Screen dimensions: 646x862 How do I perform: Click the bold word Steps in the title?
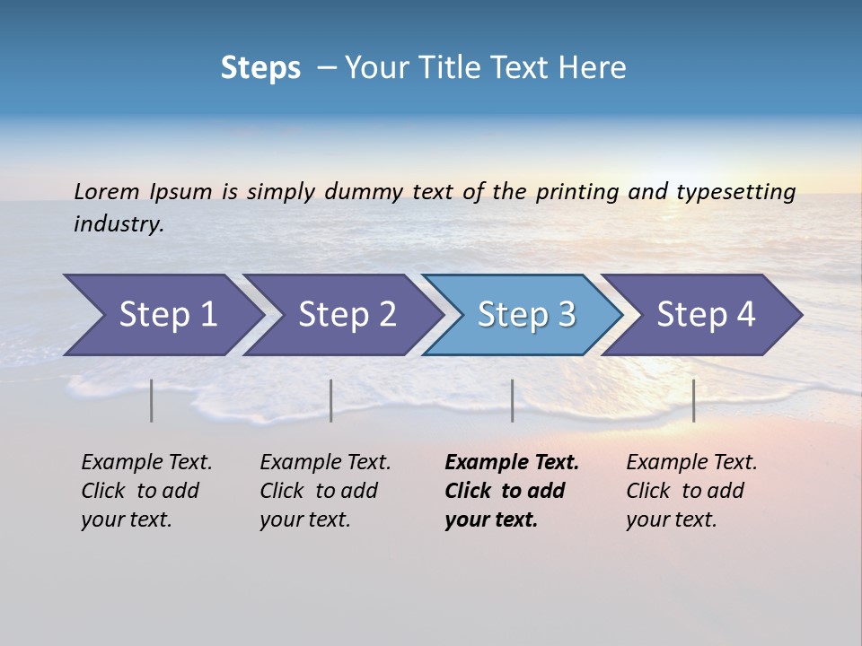point(260,68)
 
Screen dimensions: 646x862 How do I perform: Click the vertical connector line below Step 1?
point(152,400)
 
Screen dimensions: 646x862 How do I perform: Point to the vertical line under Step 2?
point(331,400)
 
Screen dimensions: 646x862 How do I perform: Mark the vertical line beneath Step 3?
point(512,400)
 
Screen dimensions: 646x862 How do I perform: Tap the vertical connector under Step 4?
point(694,400)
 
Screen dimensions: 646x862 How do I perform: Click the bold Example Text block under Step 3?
point(511,491)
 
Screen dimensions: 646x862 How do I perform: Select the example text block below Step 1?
point(146,491)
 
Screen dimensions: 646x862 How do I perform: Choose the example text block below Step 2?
point(325,491)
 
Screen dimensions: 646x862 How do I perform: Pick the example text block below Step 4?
point(691,491)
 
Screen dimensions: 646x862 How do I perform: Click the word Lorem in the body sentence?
point(107,191)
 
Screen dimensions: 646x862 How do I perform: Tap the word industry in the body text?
point(119,224)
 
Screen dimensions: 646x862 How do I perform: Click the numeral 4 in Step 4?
point(745,315)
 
